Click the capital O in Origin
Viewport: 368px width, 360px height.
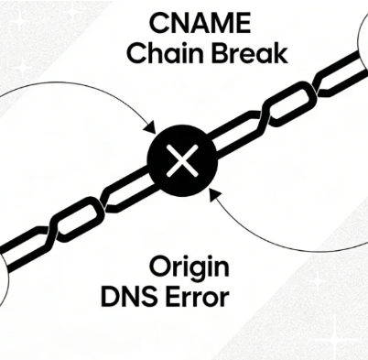point(161,269)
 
